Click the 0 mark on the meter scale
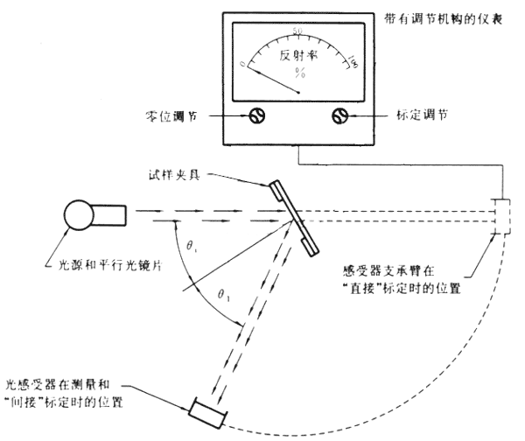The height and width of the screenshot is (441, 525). pyautogui.click(x=243, y=63)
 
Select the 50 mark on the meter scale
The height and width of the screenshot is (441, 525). pyautogui.click(x=298, y=31)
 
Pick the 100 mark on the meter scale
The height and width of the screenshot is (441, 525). pyautogui.click(x=353, y=60)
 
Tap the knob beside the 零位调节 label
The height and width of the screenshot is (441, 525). pyautogui.click(x=258, y=115)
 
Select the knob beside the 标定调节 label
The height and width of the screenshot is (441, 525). pyautogui.click(x=340, y=115)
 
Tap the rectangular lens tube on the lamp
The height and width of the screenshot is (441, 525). pyautogui.click(x=116, y=213)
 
